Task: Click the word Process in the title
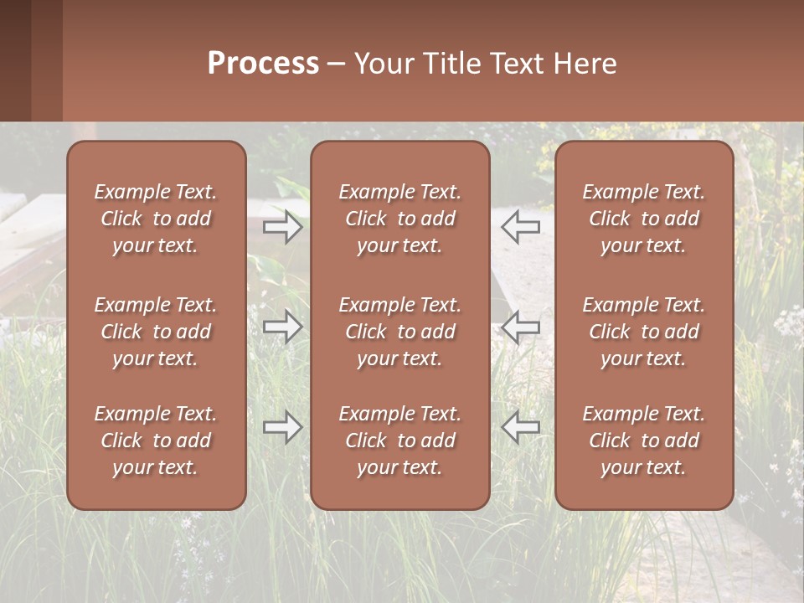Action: pyautogui.click(x=263, y=64)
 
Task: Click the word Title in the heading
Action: pyautogui.click(x=451, y=64)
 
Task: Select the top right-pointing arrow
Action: pyautogui.click(x=282, y=226)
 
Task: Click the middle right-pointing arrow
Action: pyautogui.click(x=282, y=327)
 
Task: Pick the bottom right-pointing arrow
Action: pyautogui.click(x=282, y=427)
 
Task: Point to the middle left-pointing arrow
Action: pyautogui.click(x=521, y=327)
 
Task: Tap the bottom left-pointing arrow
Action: pyautogui.click(x=521, y=427)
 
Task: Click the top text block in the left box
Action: pyautogui.click(x=156, y=219)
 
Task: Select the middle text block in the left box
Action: pyautogui.click(x=156, y=332)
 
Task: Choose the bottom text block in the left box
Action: pyautogui.click(x=156, y=441)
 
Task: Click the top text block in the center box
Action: pyautogui.click(x=400, y=219)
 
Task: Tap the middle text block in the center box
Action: pyautogui.click(x=400, y=332)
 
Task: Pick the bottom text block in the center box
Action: pyautogui.click(x=400, y=441)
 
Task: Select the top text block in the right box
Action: pyautogui.click(x=644, y=219)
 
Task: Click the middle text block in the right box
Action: pyautogui.click(x=644, y=332)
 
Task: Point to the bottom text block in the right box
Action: pyautogui.click(x=644, y=441)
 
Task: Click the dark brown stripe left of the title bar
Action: pyautogui.click(x=15, y=60)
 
